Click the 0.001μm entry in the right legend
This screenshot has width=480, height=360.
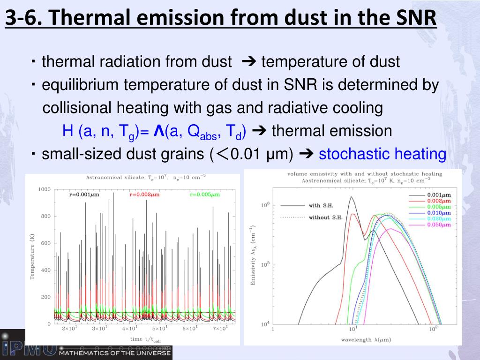(439, 195)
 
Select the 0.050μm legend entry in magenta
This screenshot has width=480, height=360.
(439, 225)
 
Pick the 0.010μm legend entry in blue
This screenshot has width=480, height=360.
(439, 213)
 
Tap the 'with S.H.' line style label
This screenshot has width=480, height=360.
(321, 205)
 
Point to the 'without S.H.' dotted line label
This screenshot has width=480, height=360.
(325, 217)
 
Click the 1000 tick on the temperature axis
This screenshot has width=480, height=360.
(45, 189)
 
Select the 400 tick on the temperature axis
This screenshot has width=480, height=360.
(46, 270)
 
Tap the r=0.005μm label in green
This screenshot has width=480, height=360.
(205, 195)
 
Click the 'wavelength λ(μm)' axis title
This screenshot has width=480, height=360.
(366, 339)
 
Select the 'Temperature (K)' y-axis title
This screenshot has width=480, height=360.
(32, 256)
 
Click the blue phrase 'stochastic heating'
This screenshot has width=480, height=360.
(382, 154)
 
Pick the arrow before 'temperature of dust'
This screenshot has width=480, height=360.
(247, 61)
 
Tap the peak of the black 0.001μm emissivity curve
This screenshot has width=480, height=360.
(351, 197)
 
